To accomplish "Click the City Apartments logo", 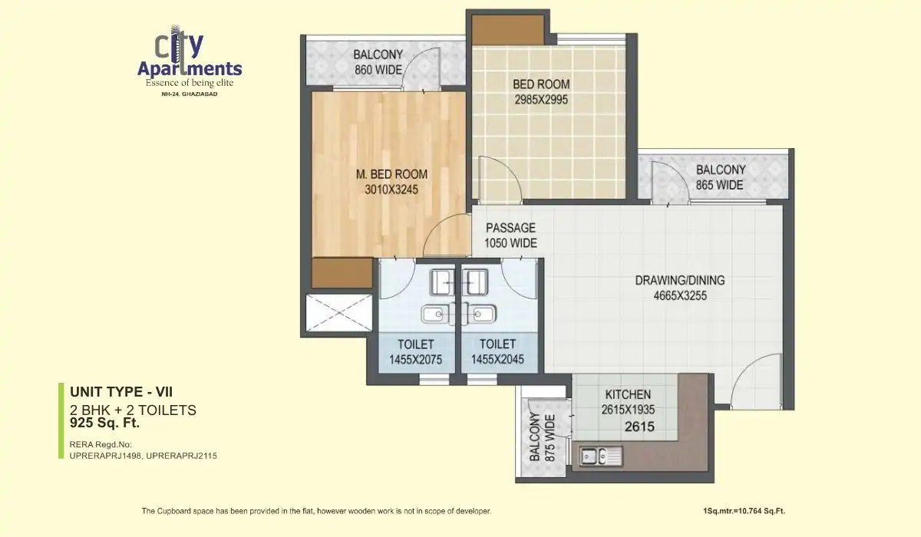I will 189,61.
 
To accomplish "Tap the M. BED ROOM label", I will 391,174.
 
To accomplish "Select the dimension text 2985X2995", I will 541,99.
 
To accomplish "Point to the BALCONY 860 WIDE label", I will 378,62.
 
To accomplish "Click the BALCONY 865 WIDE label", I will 720,177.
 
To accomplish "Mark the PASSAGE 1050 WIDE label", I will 510,236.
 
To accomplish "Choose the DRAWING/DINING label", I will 679,280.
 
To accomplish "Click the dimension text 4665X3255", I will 679,295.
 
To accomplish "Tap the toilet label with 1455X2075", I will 415,351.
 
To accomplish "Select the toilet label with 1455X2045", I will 497,351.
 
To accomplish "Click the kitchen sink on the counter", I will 599,456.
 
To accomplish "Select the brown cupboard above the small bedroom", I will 507,29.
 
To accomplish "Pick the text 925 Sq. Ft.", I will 105,422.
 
